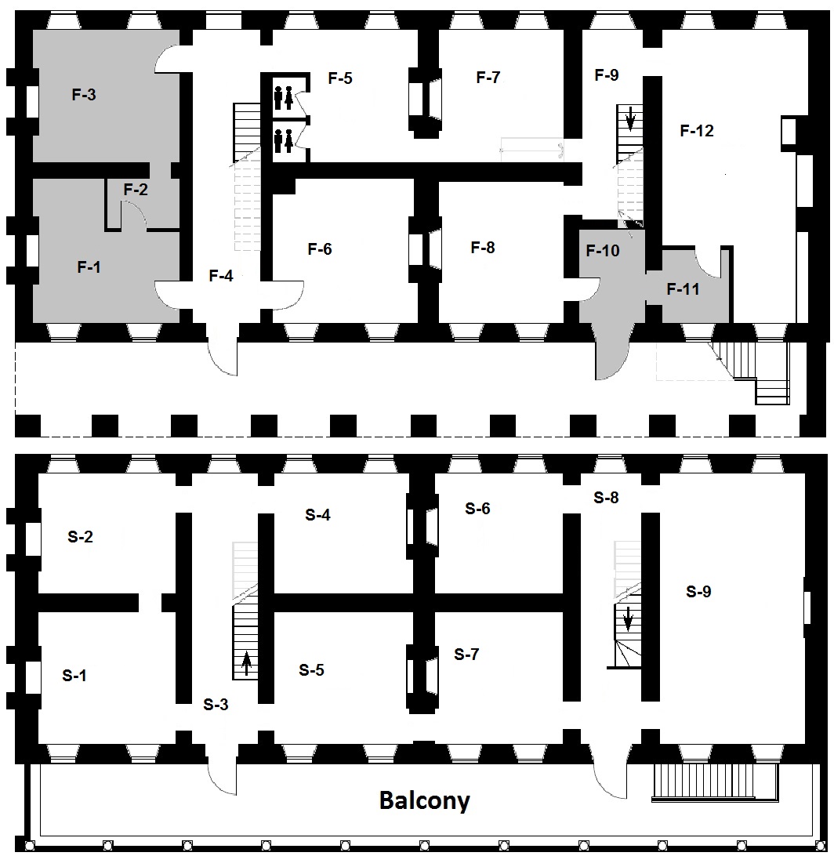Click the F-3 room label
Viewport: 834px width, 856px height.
click(84, 94)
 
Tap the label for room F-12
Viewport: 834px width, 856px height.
click(697, 130)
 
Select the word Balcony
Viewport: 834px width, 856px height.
click(425, 800)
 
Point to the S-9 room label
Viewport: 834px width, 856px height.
click(698, 591)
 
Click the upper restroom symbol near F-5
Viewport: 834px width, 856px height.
click(284, 97)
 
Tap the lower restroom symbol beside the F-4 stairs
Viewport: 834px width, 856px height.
click(284, 141)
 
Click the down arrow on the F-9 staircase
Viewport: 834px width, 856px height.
click(630, 118)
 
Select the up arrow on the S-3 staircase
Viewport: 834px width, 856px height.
click(246, 663)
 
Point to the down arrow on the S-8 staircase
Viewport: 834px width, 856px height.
click(628, 618)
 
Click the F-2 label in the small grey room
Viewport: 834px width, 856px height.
click(136, 190)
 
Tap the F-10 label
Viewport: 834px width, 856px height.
click(603, 251)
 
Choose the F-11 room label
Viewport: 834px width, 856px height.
click(684, 288)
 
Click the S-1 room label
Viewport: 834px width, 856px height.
click(74, 675)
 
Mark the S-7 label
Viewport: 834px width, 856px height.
click(466, 654)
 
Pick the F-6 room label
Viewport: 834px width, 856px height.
click(320, 249)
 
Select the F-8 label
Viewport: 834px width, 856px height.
click(483, 247)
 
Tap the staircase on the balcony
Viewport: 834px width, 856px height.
click(716, 782)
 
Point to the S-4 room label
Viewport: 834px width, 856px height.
click(317, 514)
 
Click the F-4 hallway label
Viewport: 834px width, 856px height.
click(221, 276)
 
